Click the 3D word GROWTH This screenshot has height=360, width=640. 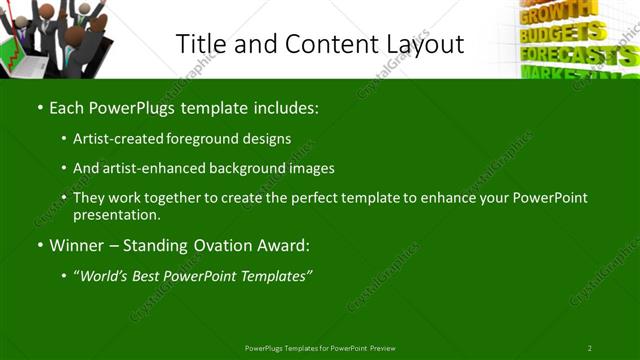[546, 15]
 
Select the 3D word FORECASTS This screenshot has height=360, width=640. [575, 53]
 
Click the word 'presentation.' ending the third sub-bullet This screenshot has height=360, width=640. [116, 215]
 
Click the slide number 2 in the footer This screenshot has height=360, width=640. [589, 348]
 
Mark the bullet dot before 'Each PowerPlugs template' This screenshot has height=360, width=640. [39, 106]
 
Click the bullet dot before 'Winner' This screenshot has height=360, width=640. [39, 245]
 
